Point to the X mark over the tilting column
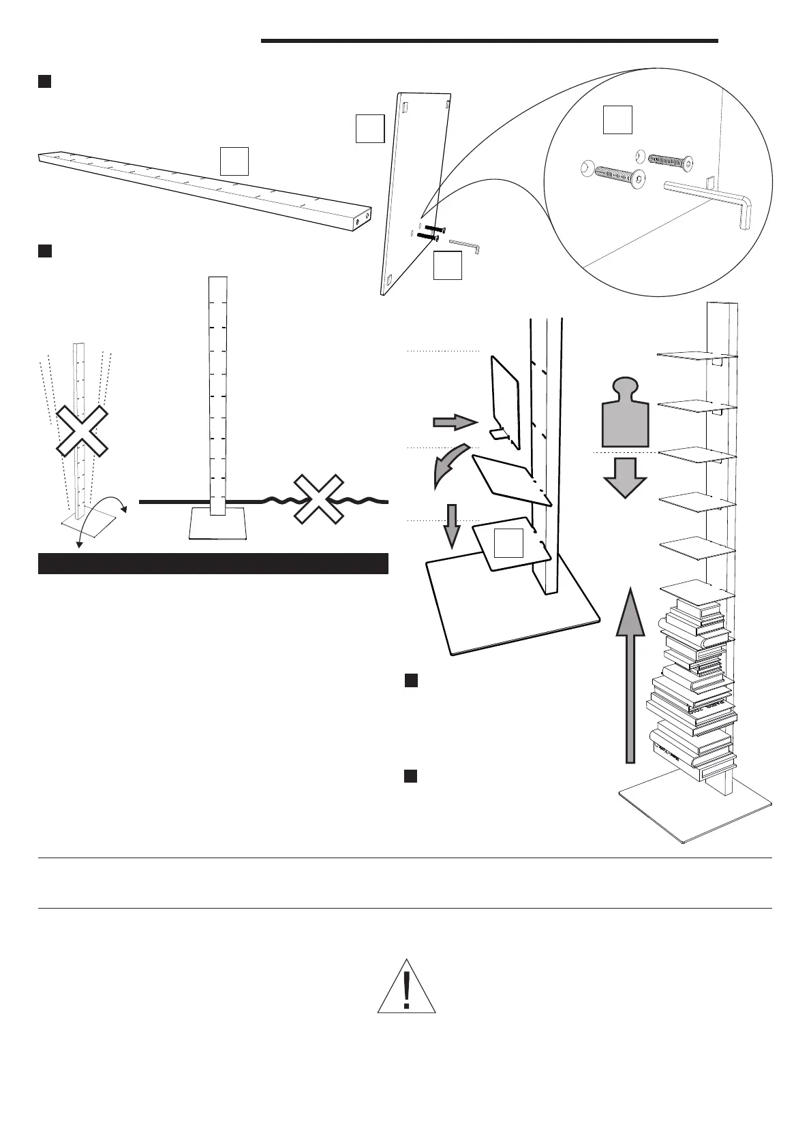pos(82,430)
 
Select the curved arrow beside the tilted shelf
pos(448,465)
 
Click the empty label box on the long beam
pos(234,161)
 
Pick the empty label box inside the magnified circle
pos(617,120)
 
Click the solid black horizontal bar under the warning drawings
pos(213,564)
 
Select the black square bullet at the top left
pos(44,82)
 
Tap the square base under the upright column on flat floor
pos(217,524)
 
